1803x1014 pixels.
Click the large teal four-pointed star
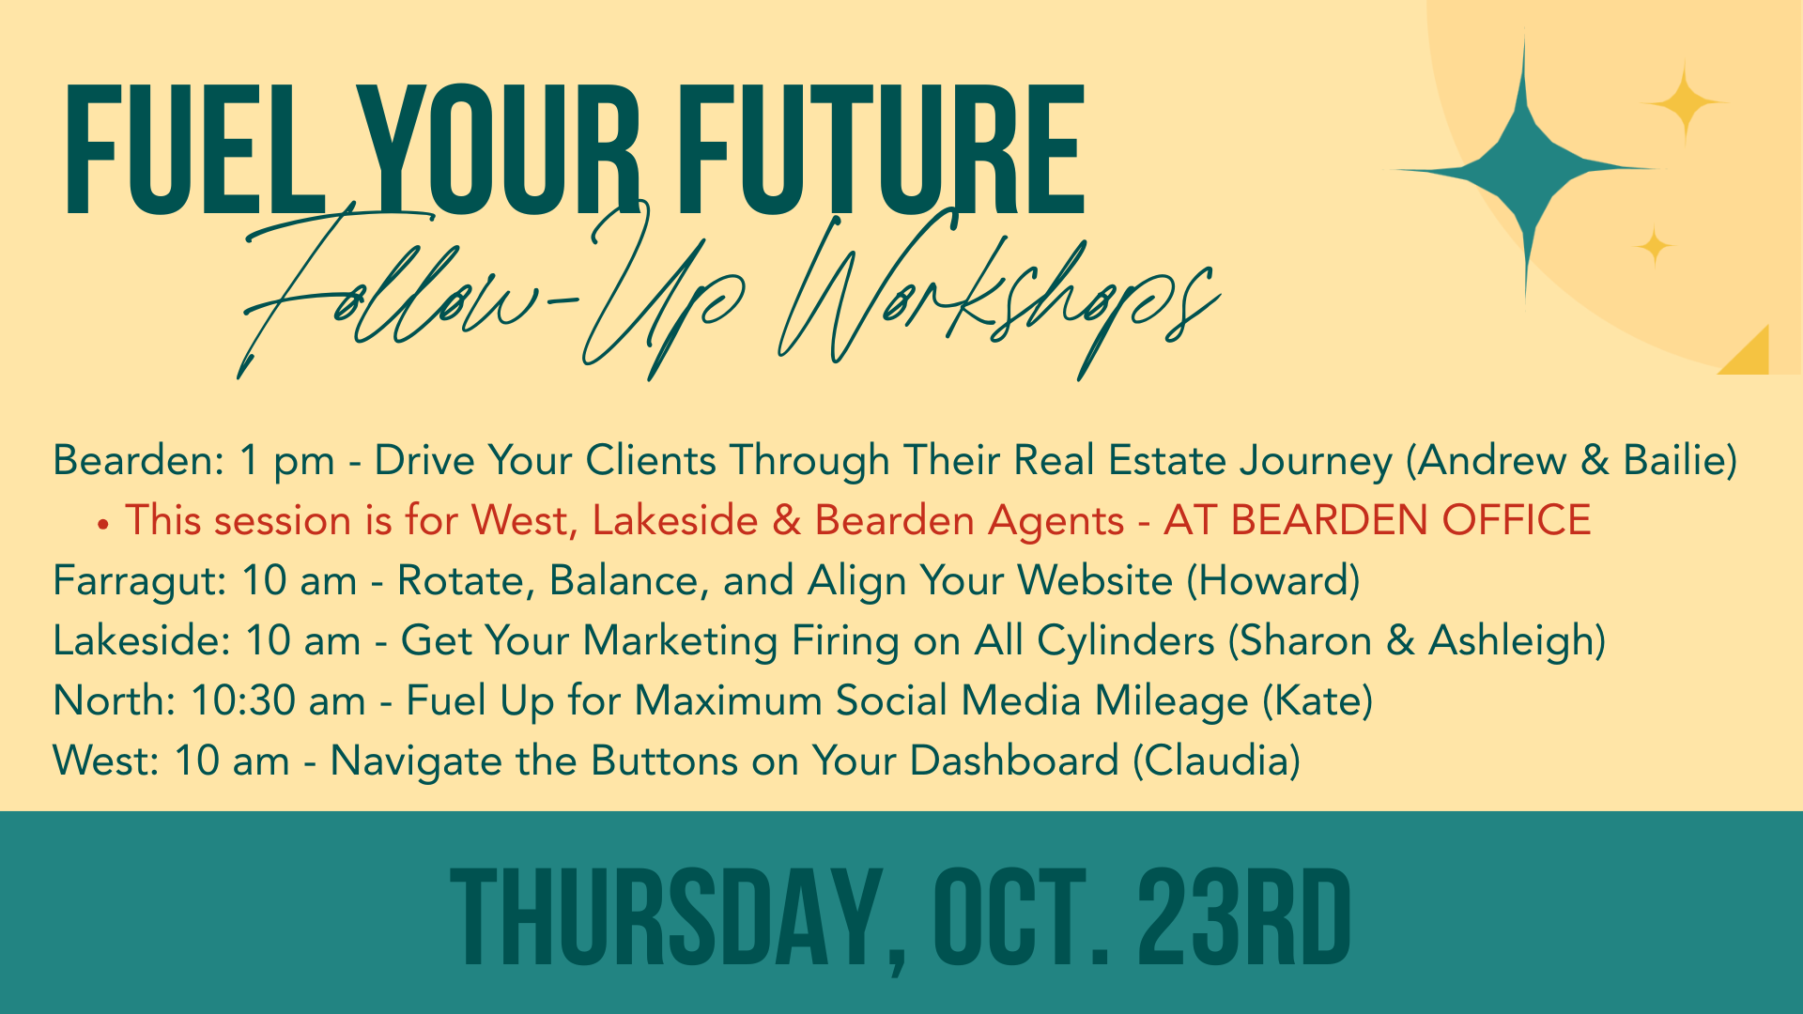click(x=1524, y=169)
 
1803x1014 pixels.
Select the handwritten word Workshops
click(x=1000, y=296)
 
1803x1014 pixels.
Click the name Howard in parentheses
click(x=1273, y=581)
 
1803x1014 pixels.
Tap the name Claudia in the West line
click(x=1216, y=761)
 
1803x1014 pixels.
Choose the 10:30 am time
click(x=278, y=701)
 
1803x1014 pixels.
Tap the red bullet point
click(x=103, y=524)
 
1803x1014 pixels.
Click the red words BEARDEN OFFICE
click(x=1410, y=521)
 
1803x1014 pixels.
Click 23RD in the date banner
click(x=1244, y=917)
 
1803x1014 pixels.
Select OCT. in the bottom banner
click(x=1022, y=917)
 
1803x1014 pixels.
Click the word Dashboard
click(x=1014, y=761)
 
